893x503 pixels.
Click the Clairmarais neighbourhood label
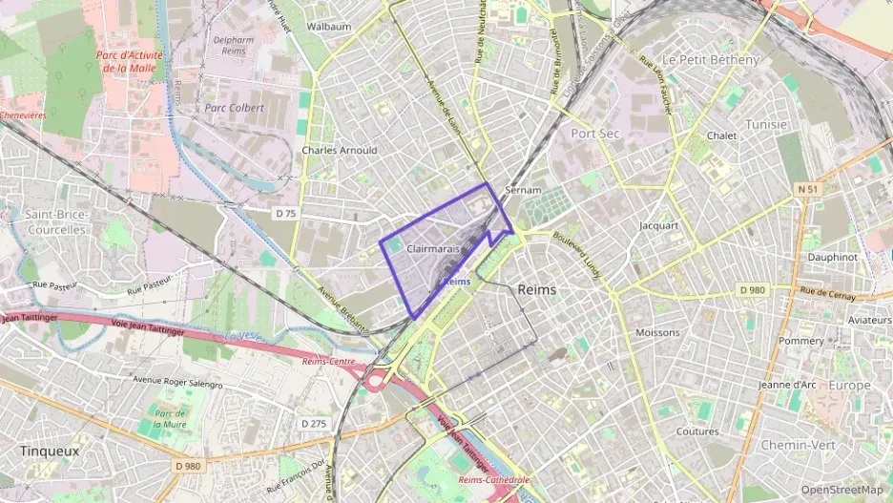point(433,249)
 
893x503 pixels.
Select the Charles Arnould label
point(339,150)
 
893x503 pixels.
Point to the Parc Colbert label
point(234,108)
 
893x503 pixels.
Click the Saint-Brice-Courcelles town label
point(56,222)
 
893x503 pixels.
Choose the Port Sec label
point(595,134)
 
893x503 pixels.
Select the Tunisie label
point(766,125)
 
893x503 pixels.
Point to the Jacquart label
point(658,226)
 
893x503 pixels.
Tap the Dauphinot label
point(832,257)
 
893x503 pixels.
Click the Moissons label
point(657,332)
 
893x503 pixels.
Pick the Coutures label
point(697,431)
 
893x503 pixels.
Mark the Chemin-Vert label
point(799,445)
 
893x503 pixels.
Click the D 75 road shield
point(285,214)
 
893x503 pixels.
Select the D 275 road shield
point(313,423)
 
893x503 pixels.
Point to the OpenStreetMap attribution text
point(841,490)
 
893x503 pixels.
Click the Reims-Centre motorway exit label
point(328,362)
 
